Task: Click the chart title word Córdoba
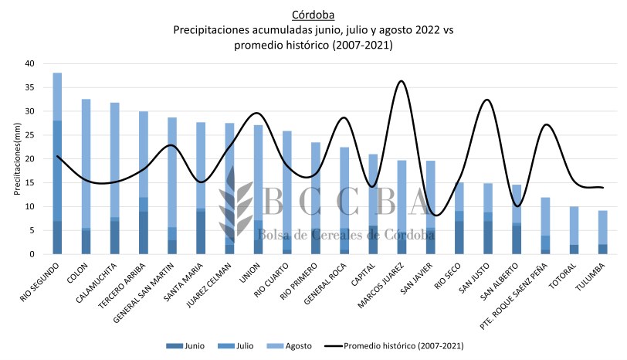[314, 15]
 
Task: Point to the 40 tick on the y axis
[30, 63]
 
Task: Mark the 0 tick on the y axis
[32, 254]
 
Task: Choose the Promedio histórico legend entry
[402, 345]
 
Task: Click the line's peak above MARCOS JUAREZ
[401, 80]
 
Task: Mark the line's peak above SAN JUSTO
[487, 100]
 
